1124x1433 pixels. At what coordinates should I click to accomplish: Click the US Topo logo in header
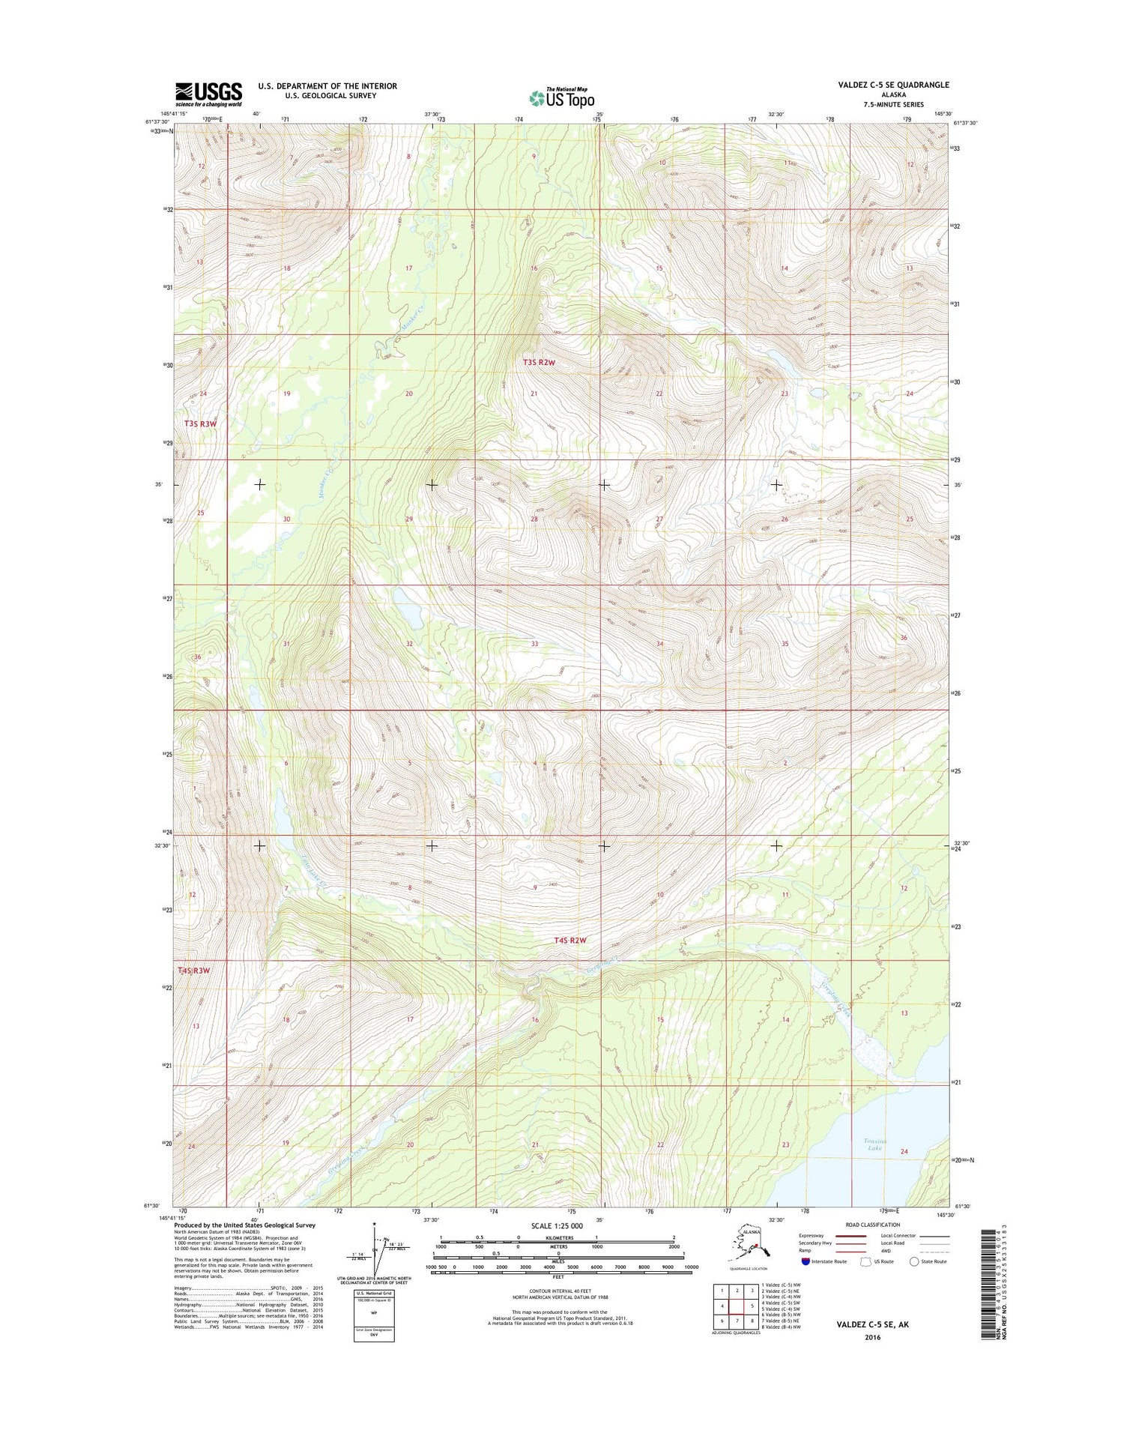562,97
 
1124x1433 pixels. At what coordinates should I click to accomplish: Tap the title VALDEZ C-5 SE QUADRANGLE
893,85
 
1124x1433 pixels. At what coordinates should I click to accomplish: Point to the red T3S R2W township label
539,363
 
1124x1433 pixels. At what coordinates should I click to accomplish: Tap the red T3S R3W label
200,424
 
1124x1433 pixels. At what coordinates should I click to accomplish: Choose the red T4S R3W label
194,971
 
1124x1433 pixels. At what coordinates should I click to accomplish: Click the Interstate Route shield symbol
806,1261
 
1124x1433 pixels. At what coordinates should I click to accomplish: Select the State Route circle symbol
914,1261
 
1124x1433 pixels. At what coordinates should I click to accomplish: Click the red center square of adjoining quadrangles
752,1306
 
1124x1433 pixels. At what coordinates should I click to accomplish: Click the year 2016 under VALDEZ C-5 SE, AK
872,1337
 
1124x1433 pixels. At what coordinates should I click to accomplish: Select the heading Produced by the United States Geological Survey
245,1225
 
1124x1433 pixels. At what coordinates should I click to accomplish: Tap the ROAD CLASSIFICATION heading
873,1225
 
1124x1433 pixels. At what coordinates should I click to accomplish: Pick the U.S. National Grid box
374,1316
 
